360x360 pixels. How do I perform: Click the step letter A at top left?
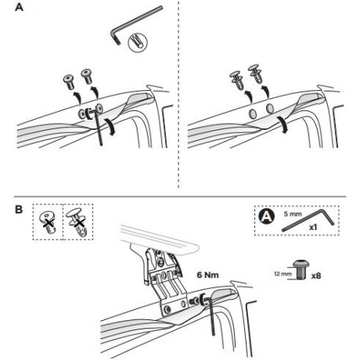pos(19,7)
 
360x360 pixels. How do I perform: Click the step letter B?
pos(19,210)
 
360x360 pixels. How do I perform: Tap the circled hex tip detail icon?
pos(138,43)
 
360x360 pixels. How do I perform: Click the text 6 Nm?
pos(207,275)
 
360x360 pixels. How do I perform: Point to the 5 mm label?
pos(293,214)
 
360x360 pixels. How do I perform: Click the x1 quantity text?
pos(313,227)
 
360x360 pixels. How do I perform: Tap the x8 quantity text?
pos(316,275)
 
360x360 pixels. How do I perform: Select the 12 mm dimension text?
pos(283,274)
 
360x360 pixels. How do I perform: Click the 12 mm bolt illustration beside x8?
pos(301,270)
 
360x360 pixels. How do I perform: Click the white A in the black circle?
pos(267,217)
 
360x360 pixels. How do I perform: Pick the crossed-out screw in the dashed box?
pos(49,222)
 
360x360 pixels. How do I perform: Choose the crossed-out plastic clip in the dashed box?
pos(77,221)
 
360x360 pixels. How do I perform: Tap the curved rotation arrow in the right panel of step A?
pos(283,124)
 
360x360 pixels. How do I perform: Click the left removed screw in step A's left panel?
pos(69,81)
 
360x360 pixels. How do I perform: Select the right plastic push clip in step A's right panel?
pos(256,73)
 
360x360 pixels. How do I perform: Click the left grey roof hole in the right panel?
pos(253,113)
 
